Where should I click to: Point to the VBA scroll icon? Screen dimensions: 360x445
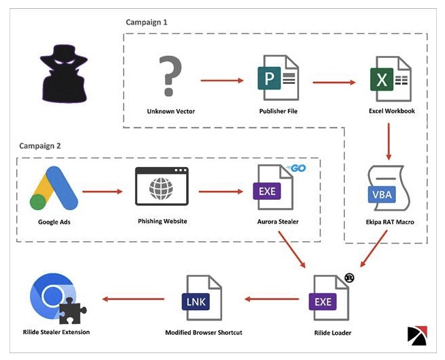[x=388, y=192]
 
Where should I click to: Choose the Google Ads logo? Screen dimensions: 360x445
[x=51, y=188]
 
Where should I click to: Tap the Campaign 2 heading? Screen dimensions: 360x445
[x=39, y=146]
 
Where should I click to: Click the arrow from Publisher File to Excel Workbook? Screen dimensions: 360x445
[x=335, y=82]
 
